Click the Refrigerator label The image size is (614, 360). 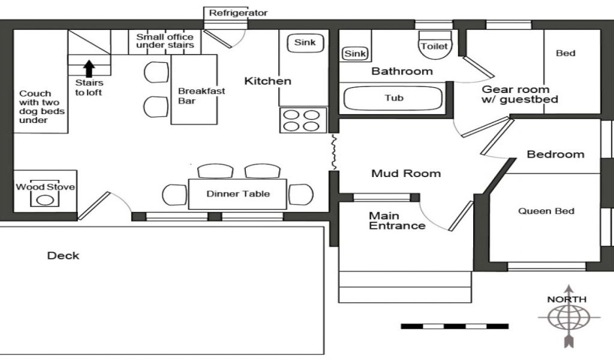click(x=238, y=13)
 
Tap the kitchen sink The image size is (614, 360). click(x=305, y=43)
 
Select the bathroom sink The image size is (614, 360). click(x=355, y=53)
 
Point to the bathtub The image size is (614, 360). click(x=393, y=98)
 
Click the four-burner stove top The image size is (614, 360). click(x=303, y=120)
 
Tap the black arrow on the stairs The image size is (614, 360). click(x=89, y=68)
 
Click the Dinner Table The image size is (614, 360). click(x=237, y=194)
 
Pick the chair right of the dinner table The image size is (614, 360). click(x=301, y=194)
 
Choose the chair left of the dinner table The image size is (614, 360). click(x=174, y=194)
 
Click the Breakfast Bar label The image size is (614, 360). click(x=201, y=96)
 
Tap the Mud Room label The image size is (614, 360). click(x=406, y=173)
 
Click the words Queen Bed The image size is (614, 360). click(x=546, y=211)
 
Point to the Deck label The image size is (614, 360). click(x=63, y=256)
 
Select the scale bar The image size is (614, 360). click(x=455, y=326)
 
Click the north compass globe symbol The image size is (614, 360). click(x=568, y=317)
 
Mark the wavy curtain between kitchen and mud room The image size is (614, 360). click(x=333, y=152)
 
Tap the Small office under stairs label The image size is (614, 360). click(x=165, y=41)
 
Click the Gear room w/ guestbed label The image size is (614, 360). click(x=520, y=94)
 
